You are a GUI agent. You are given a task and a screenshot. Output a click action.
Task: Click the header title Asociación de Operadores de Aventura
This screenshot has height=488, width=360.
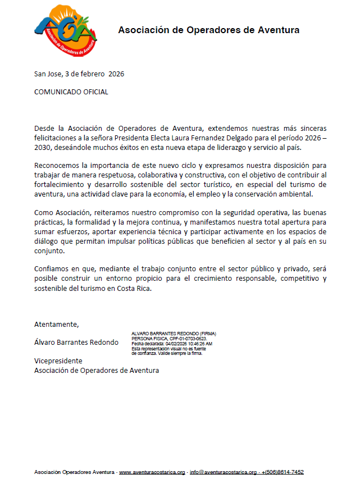coord(208,30)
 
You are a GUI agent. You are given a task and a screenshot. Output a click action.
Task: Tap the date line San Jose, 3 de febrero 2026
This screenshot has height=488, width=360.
coord(79,74)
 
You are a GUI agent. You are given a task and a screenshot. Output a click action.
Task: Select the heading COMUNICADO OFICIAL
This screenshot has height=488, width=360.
coord(71,92)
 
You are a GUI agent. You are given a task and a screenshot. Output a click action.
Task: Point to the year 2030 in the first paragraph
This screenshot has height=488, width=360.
coord(44,148)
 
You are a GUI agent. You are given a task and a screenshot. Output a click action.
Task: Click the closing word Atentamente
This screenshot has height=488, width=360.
coord(57,325)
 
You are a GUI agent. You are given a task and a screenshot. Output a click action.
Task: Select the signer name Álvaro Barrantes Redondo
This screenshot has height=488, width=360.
coord(76,343)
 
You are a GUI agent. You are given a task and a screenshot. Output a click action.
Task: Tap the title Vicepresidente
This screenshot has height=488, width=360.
coord(58,361)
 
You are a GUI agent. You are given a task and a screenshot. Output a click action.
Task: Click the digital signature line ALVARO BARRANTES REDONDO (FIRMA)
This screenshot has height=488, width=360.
coord(174,334)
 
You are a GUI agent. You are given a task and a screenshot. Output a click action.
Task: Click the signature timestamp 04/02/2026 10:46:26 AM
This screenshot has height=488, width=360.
coord(189,344)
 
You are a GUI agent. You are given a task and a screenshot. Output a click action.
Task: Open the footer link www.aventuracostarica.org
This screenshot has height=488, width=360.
coord(152,472)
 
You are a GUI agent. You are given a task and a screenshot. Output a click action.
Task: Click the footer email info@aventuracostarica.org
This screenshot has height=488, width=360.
coord(223,472)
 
